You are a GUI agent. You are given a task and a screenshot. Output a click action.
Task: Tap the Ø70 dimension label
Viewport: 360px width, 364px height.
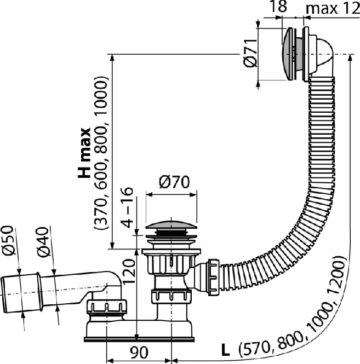(x=174, y=182)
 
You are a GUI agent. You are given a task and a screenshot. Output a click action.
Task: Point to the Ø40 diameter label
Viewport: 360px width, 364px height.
(x=42, y=242)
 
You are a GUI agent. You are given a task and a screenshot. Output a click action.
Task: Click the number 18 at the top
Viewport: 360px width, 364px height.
(x=278, y=6)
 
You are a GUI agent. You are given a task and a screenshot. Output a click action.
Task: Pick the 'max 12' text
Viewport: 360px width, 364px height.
(x=333, y=9)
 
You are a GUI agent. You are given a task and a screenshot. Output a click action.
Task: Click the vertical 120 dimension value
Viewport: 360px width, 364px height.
(x=129, y=271)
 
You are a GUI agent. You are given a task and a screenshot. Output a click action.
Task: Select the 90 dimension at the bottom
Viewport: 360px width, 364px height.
(x=139, y=352)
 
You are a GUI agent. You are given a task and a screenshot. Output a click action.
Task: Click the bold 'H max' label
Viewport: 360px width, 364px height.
(x=84, y=153)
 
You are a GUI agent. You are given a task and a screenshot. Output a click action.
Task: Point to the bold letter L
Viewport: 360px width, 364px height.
(x=225, y=350)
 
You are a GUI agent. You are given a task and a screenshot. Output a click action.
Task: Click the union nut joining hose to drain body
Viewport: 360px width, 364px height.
(x=214, y=278)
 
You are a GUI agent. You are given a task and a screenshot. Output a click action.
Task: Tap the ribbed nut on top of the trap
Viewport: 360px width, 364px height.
(x=107, y=307)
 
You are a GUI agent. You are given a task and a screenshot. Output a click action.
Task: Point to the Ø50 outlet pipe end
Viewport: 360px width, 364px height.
(x=21, y=293)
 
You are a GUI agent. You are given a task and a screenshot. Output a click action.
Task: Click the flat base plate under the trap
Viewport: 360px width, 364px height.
(x=139, y=339)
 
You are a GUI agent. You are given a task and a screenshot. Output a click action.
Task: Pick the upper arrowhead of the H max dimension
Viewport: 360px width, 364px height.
(x=112, y=57)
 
